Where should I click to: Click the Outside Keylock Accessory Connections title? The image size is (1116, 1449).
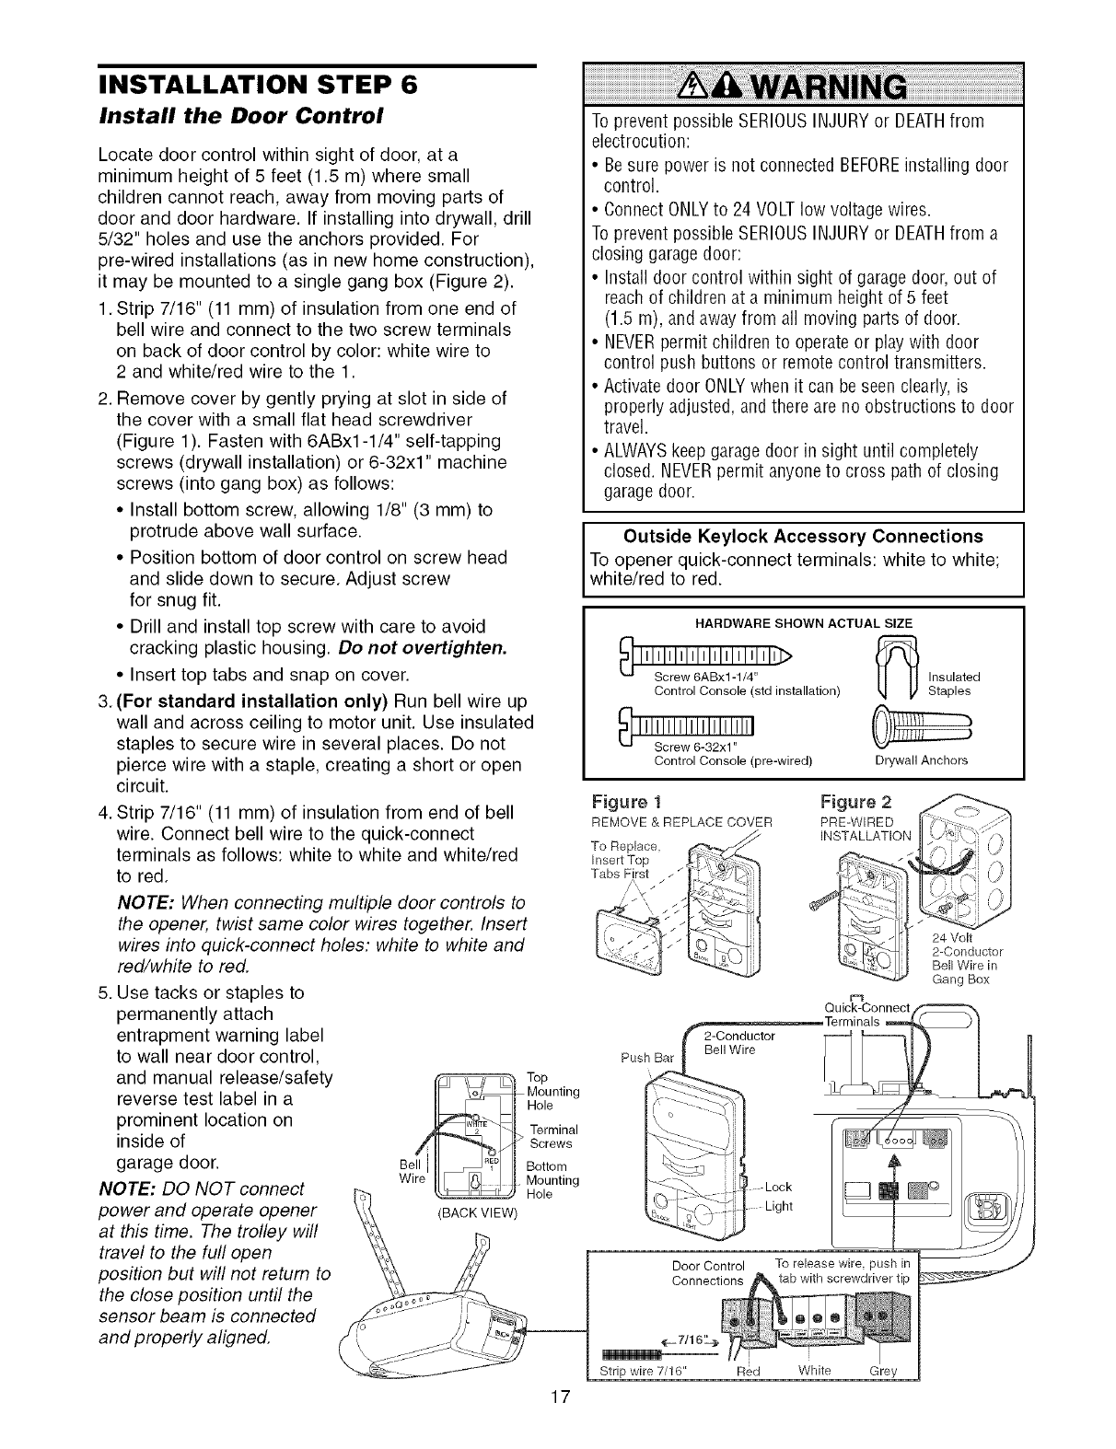tap(803, 537)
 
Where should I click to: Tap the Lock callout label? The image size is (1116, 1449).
tap(779, 1186)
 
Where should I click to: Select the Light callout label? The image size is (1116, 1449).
tap(780, 1206)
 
